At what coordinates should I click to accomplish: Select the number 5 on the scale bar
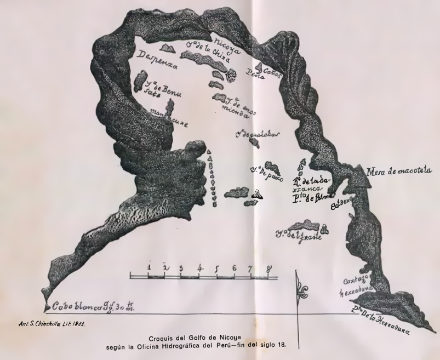[217, 268]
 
